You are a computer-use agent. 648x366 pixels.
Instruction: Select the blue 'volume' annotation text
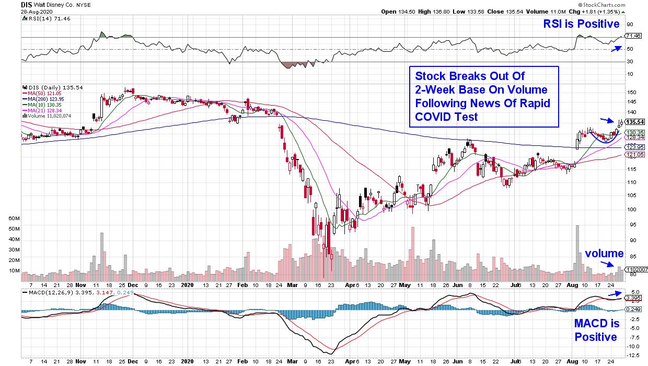coord(604,254)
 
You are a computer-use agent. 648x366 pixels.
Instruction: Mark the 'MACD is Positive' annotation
coord(596,330)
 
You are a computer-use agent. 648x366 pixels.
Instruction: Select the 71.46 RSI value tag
coord(633,36)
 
